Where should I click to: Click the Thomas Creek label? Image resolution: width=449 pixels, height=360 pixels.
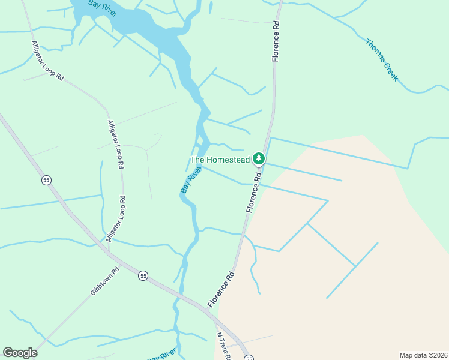382,59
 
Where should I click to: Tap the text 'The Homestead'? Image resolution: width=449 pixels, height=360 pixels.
220,160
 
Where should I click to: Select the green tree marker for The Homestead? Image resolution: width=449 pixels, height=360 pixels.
259,159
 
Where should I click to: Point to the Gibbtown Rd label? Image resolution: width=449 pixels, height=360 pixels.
105,280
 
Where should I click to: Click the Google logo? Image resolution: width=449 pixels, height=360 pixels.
20,353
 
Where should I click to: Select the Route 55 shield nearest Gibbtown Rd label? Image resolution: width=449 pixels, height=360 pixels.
143,275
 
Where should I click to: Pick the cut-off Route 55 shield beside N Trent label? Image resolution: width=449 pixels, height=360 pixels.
249,358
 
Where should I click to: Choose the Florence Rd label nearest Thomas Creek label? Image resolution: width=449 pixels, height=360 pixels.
276,42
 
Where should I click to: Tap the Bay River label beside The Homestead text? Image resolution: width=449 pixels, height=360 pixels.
190,181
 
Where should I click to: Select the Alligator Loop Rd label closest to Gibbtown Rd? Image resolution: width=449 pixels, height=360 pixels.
116,218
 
